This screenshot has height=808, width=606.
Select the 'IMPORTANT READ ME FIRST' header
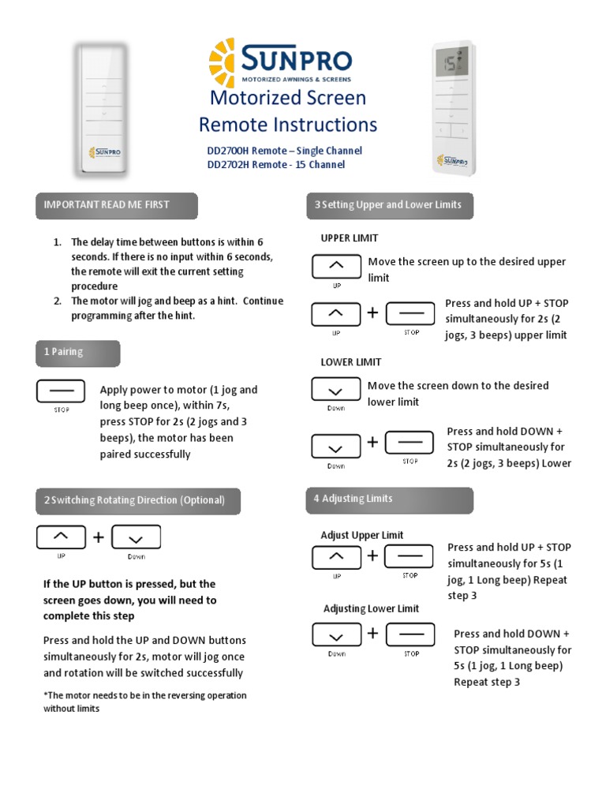[x=116, y=205]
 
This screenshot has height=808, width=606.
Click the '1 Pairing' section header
[x=77, y=353]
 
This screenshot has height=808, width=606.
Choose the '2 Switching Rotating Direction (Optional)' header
[x=137, y=500]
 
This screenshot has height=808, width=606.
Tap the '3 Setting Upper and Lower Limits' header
[x=389, y=205]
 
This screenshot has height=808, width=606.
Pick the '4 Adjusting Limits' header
[x=389, y=499]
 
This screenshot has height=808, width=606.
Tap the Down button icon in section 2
[x=137, y=537]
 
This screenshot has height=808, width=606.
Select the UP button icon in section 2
[x=61, y=537]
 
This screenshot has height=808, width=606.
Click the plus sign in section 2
[x=99, y=537]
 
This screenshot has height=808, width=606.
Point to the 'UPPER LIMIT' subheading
[x=350, y=238]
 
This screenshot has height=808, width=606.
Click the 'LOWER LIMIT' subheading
[x=351, y=362]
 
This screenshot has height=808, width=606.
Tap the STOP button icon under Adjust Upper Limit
[x=410, y=556]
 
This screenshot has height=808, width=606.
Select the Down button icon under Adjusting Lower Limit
[x=336, y=635]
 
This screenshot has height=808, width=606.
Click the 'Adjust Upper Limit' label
[x=362, y=535]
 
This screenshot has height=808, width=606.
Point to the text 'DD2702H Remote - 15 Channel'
[x=275, y=165]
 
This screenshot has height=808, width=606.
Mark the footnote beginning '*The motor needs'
[x=145, y=701]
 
